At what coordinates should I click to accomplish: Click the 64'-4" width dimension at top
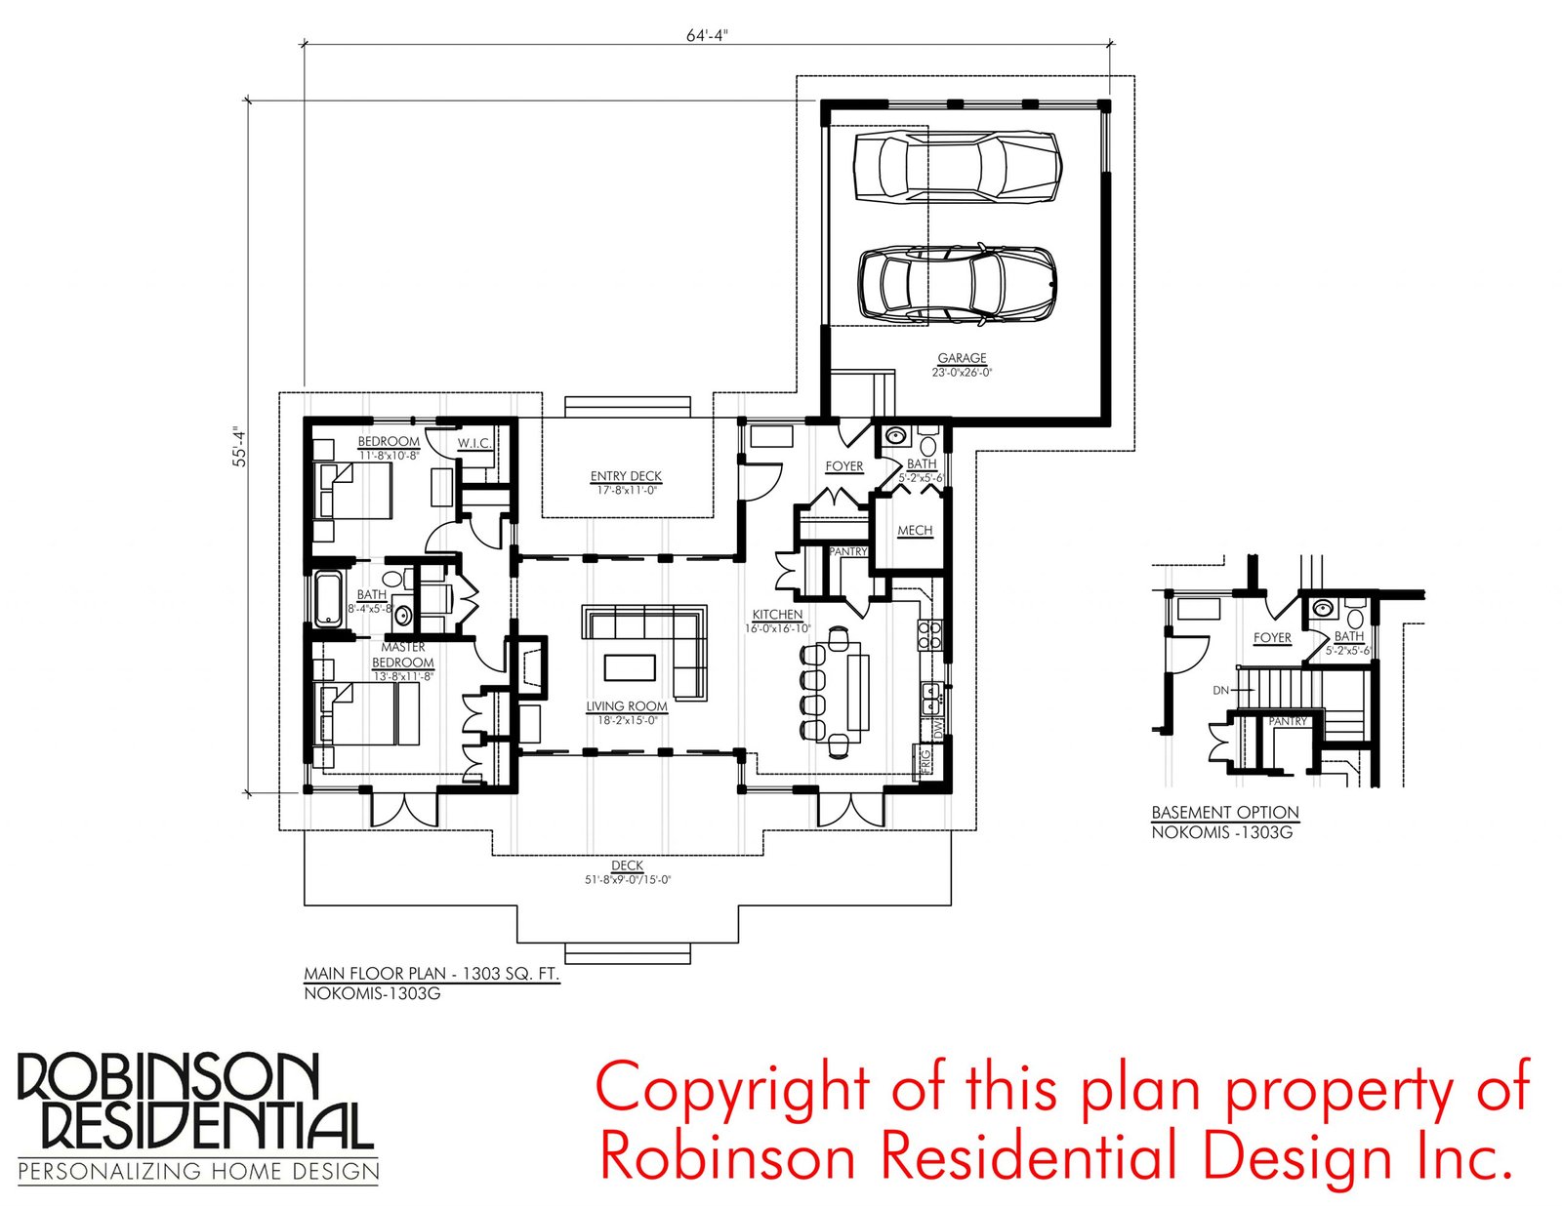(707, 36)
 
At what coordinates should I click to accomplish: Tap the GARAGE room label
(962, 358)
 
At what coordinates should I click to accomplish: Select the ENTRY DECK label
(626, 476)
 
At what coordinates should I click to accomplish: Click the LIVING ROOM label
(627, 706)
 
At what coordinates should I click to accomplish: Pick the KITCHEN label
(777, 615)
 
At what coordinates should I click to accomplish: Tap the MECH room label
(915, 530)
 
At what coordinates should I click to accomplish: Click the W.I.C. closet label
(474, 443)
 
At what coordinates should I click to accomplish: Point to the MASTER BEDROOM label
(403, 655)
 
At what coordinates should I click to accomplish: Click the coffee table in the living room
(630, 666)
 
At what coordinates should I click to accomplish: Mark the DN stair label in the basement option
(1220, 690)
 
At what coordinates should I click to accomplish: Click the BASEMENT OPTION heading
(1225, 813)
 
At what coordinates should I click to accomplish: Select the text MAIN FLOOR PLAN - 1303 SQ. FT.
(432, 974)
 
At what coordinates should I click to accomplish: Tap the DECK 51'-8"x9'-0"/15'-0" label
(627, 872)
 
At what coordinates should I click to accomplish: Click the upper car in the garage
(956, 166)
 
